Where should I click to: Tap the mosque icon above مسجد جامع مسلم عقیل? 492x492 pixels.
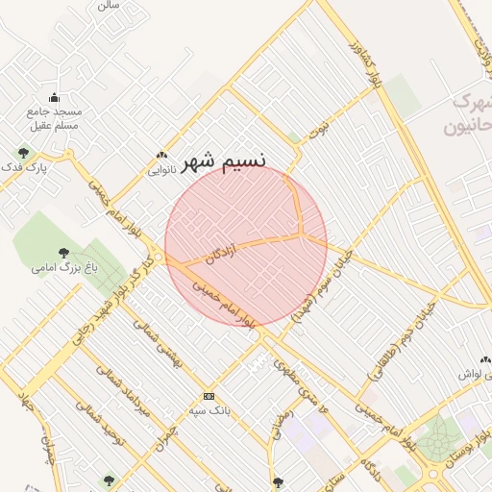(54, 97)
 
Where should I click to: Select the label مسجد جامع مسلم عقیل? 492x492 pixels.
(54, 118)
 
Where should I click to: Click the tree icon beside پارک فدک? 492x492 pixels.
(23, 152)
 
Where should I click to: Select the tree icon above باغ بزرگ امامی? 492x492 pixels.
(63, 253)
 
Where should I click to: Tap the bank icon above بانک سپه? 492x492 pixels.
(209, 396)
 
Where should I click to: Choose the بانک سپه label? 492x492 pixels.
(209, 411)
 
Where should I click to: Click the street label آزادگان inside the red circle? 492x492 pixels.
(221, 250)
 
